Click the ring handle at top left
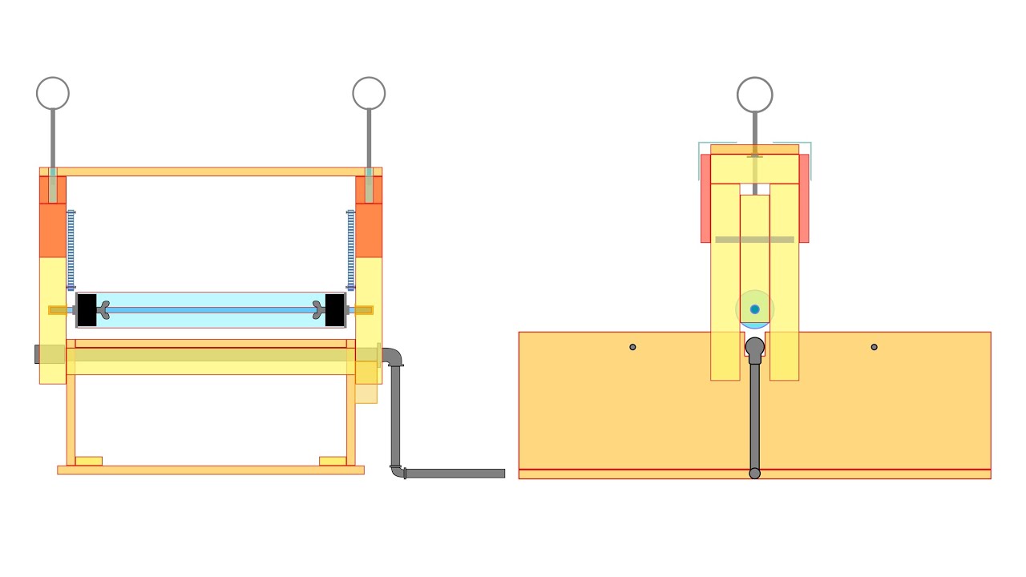[53, 94]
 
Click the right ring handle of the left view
[369, 94]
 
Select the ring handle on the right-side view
[754, 95]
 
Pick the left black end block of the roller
[87, 310]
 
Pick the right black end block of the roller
[335, 310]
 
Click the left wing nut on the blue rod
[103, 310]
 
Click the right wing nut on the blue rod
[318, 310]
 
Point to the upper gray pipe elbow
[393, 357]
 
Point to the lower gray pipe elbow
[398, 471]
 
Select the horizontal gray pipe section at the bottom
[454, 474]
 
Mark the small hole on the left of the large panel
[632, 347]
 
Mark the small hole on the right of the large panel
[874, 347]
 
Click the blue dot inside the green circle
[754, 309]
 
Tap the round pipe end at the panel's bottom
[754, 474]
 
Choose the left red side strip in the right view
[705, 198]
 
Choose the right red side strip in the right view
[804, 198]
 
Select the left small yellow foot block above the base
[88, 461]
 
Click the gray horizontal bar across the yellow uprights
[754, 240]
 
